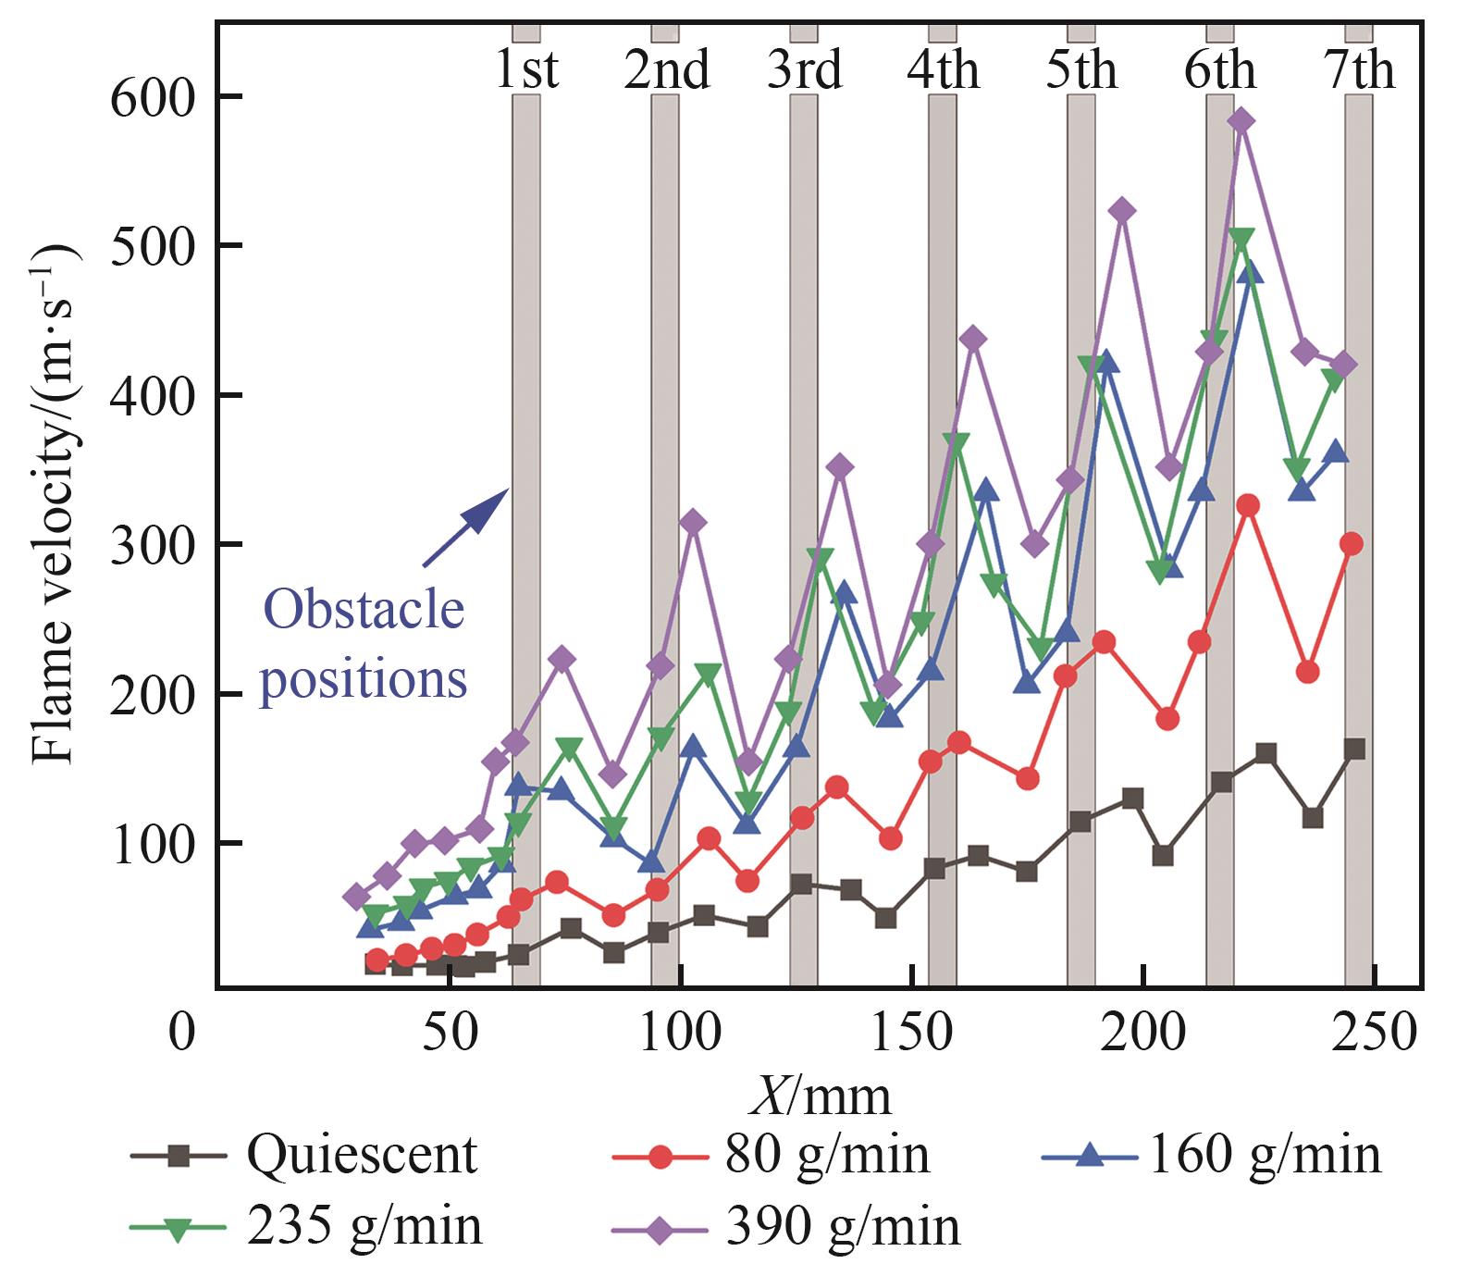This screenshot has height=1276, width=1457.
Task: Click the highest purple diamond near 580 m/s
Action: point(1242,121)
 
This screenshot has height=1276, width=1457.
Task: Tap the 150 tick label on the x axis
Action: point(911,1032)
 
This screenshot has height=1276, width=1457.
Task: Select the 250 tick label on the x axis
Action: point(1374,1032)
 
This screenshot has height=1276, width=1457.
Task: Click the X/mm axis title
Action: point(820,1096)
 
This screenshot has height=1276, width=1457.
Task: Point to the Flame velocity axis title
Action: point(55,504)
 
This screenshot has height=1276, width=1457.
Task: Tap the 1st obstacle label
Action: point(526,70)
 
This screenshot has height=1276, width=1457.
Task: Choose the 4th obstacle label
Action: point(943,70)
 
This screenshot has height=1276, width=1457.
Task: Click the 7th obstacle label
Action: point(1359,70)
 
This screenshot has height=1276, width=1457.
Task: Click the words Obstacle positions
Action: point(364,645)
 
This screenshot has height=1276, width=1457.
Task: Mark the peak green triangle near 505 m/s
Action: point(1242,239)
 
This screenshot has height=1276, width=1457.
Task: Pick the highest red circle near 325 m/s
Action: point(1248,505)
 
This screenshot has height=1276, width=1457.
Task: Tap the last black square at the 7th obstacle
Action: point(1354,749)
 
